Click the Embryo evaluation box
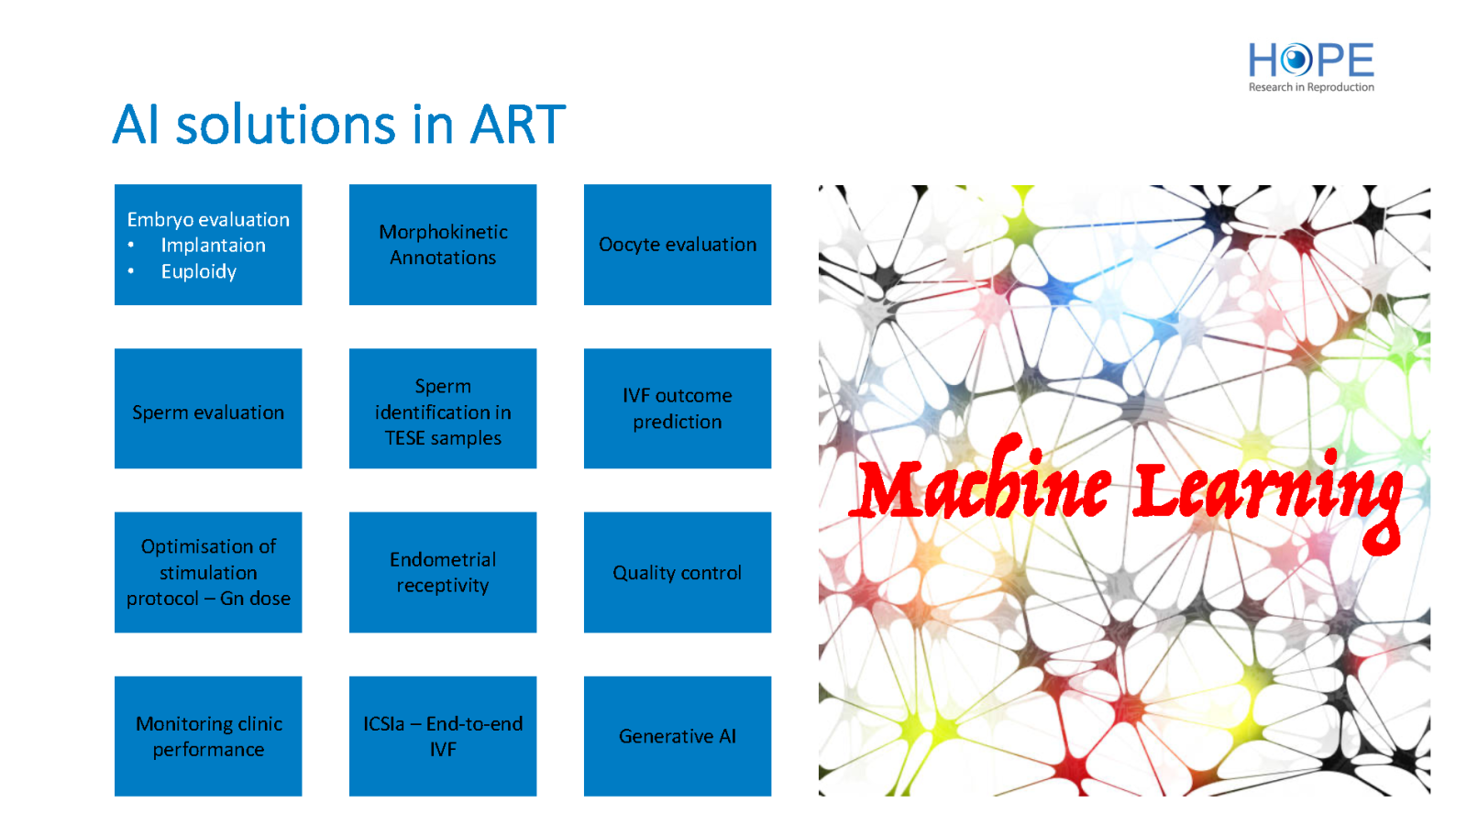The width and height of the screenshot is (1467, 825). click(208, 244)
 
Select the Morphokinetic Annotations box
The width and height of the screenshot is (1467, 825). click(443, 244)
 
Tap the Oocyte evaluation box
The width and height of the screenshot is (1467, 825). click(678, 244)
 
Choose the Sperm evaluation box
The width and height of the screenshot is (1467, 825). click(208, 409)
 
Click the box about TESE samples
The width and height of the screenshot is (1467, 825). click(443, 409)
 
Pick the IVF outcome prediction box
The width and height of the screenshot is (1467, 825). click(678, 409)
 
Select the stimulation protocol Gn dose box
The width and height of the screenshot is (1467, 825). click(208, 572)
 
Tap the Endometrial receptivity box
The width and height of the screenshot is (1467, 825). click(443, 572)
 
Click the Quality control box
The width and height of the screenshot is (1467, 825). click(678, 572)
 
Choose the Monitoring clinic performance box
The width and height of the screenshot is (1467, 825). click(208, 736)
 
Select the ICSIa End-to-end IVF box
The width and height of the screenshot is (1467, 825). click(443, 736)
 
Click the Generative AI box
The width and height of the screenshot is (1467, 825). click(678, 736)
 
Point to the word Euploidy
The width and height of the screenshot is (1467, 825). click(198, 271)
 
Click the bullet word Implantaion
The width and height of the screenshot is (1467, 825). click(214, 246)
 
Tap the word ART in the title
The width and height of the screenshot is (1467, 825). click(518, 125)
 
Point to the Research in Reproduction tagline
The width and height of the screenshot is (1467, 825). click(1311, 87)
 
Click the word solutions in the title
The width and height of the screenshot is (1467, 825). click(285, 125)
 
